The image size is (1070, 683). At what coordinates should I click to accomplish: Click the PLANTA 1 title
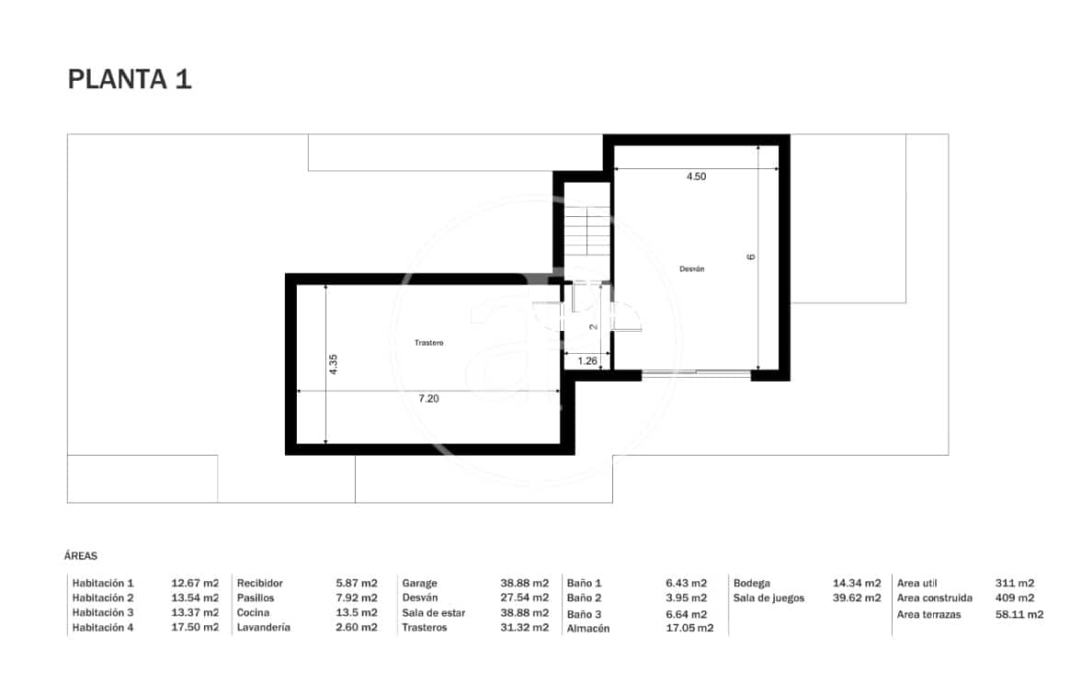[x=130, y=79]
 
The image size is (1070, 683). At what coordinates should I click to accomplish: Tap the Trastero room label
[x=428, y=343]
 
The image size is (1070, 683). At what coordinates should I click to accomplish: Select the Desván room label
[x=691, y=269]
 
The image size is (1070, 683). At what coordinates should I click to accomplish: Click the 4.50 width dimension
[x=696, y=176]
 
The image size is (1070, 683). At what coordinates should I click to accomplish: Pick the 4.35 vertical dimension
[x=334, y=364]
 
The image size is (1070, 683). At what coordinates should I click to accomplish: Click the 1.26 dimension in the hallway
[x=586, y=361]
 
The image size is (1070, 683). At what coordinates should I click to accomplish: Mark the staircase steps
[x=586, y=234]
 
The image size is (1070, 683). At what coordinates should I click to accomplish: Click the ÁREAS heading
[x=81, y=556]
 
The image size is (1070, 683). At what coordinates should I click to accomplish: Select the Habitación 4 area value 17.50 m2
[x=195, y=628]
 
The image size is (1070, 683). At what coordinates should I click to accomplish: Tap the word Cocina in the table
[x=253, y=613]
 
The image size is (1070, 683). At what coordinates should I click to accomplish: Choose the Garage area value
[x=524, y=583]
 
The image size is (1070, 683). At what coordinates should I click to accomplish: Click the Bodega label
[x=751, y=583]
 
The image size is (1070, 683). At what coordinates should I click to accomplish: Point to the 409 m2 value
[x=1014, y=598]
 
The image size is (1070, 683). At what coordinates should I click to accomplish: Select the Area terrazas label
[x=928, y=614]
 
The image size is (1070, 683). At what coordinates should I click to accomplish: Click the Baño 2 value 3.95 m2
[x=686, y=598]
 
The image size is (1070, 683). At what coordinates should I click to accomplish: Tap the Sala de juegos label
[x=768, y=598]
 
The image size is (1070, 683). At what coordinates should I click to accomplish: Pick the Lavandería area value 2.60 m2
[x=357, y=628]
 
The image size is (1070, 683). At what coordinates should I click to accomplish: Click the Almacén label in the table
[x=588, y=629]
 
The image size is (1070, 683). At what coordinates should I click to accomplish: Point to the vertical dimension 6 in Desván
[x=751, y=257]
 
